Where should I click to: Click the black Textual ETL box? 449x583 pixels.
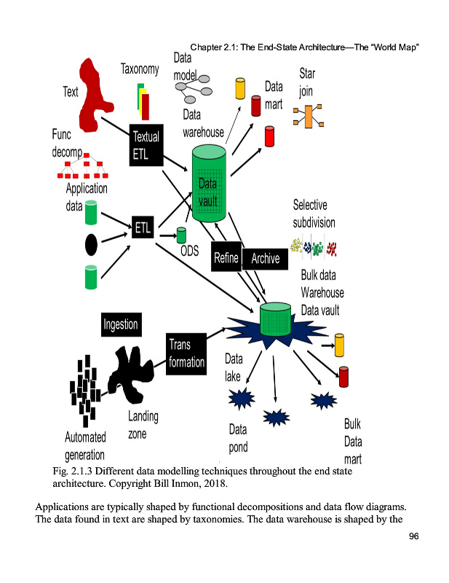pyautogui.click(x=146, y=145)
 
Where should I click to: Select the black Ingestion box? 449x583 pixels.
pyautogui.click(x=121, y=324)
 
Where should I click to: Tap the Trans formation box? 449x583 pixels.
pyautogui.click(x=187, y=353)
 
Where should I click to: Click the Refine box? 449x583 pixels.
pyautogui.click(x=226, y=258)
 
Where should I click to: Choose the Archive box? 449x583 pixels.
pyautogui.click(x=266, y=258)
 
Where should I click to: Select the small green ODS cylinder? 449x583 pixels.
pyautogui.click(x=182, y=235)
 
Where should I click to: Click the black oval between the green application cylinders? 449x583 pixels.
pyautogui.click(x=91, y=245)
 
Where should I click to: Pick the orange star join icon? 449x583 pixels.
pyautogui.click(x=308, y=117)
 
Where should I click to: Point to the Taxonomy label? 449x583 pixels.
pyautogui.click(x=140, y=69)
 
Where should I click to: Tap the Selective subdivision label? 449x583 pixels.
pyautogui.click(x=314, y=214)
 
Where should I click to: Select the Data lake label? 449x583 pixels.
pyautogui.click(x=234, y=367)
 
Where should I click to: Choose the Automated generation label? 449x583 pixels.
pyautogui.click(x=85, y=447)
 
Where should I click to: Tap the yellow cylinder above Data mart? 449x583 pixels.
pyautogui.click(x=239, y=88)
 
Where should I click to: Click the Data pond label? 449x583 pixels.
pyautogui.click(x=238, y=438)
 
